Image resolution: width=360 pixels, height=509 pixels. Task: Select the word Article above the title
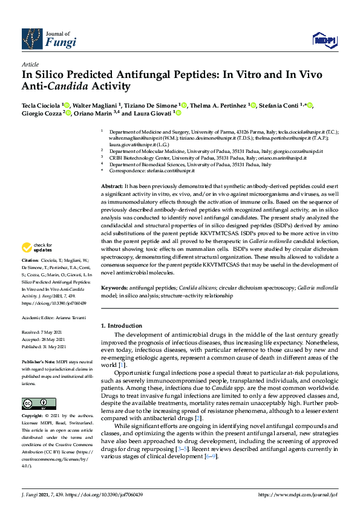tap(30, 63)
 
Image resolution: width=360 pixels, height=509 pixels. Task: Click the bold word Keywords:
tap(113, 288)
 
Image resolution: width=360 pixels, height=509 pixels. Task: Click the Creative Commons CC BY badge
tap(39, 403)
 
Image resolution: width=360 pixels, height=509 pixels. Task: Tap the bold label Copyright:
tap(34, 417)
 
